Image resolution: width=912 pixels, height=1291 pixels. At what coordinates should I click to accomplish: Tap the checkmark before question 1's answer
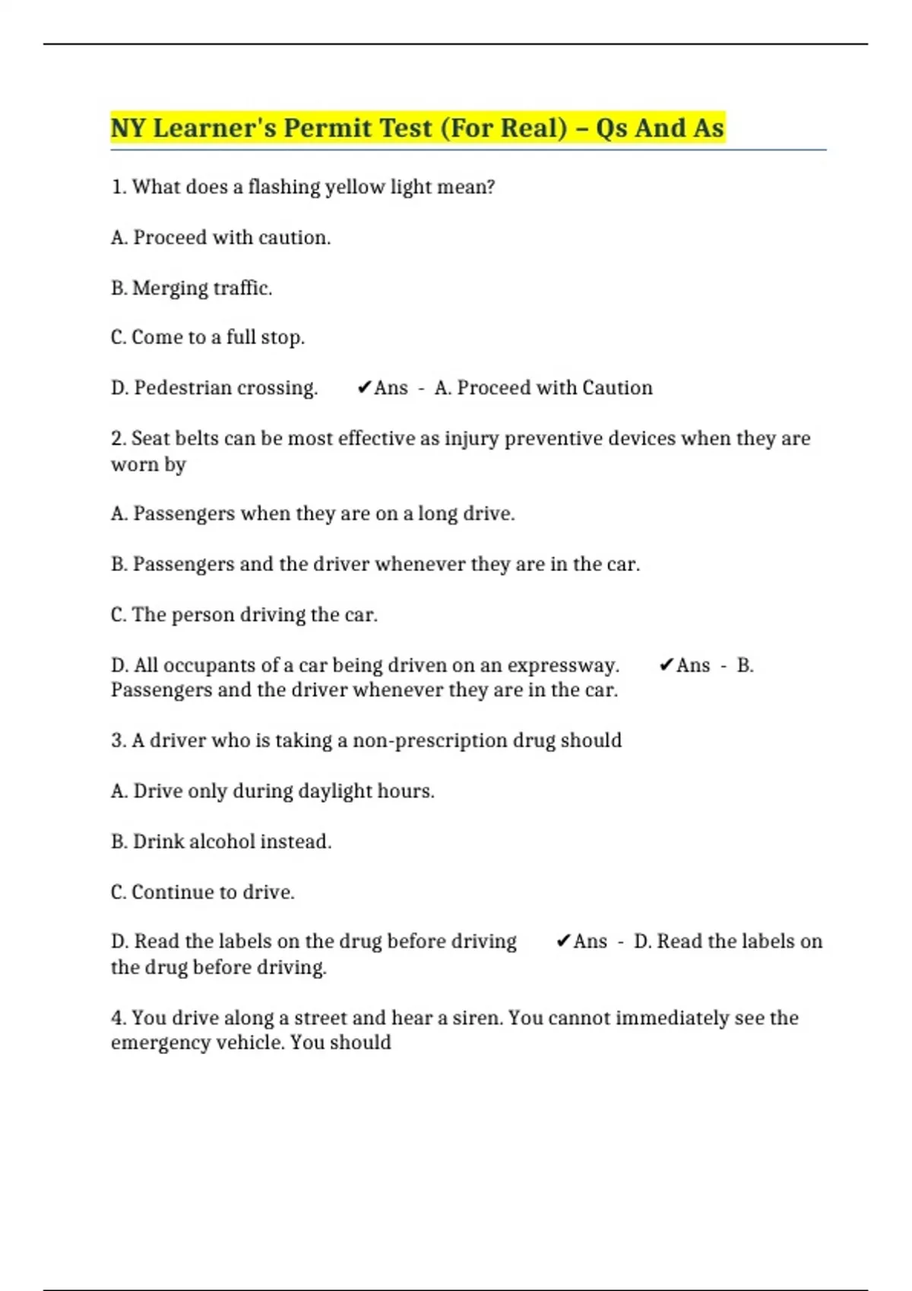[x=364, y=388]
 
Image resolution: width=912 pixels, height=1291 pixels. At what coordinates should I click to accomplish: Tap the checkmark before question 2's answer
[x=667, y=665]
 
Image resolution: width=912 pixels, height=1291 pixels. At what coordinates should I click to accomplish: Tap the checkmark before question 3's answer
[x=563, y=942]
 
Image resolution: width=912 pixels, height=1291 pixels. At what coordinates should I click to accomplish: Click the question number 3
[x=118, y=740]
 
